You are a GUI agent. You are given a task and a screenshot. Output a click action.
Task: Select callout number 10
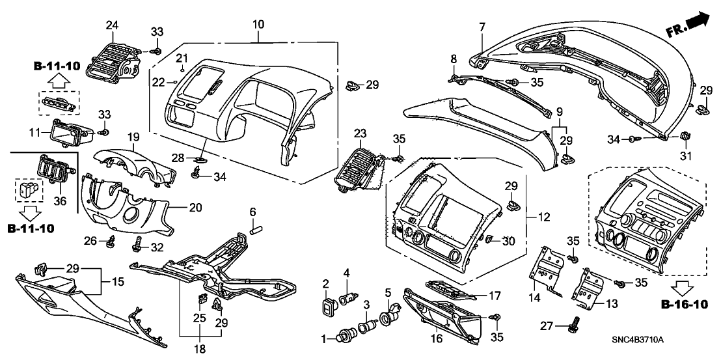(258, 25)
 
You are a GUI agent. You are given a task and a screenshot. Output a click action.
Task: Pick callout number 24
(113, 25)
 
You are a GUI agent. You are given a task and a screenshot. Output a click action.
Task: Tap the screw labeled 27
(576, 322)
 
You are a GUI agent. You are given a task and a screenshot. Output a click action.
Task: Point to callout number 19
(133, 137)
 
